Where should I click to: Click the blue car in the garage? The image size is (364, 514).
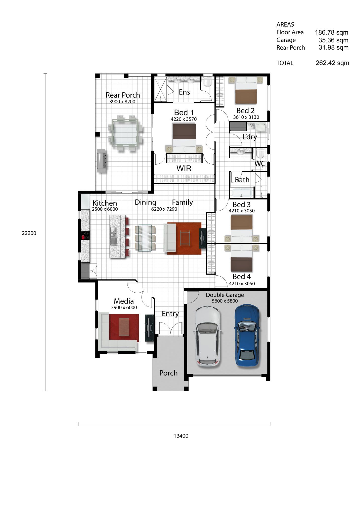click(247, 335)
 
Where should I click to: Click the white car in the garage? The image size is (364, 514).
click(208, 336)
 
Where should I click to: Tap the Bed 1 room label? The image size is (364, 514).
click(184, 112)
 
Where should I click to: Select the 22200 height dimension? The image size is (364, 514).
click(29, 233)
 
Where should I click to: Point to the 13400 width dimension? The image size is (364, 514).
click(181, 436)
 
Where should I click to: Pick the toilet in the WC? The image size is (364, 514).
click(260, 153)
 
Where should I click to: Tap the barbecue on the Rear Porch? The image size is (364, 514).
click(102, 160)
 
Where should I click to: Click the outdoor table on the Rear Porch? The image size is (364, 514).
click(125, 133)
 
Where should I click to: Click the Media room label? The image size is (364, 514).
click(124, 301)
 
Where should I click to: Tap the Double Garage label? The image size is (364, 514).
click(225, 295)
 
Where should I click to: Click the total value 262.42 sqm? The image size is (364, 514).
click(332, 63)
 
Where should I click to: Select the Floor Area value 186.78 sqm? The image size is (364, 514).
click(332, 32)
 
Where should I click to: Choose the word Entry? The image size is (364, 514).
click(170, 314)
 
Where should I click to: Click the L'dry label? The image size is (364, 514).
click(250, 137)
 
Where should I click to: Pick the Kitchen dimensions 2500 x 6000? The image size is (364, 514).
click(105, 209)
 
